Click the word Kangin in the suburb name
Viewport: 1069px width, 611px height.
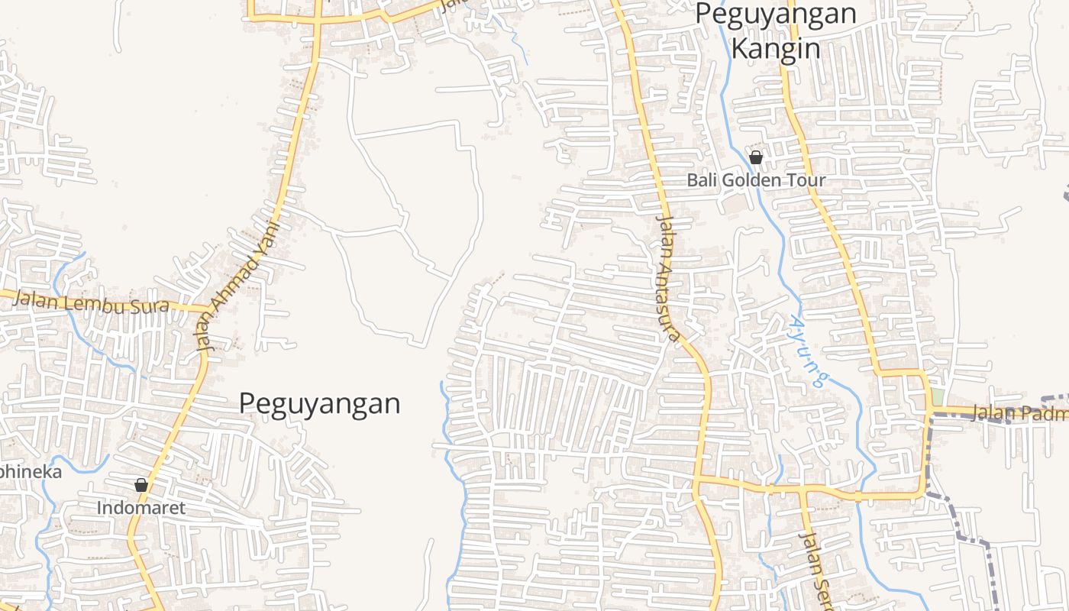776,49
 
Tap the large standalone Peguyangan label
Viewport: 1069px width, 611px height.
319,403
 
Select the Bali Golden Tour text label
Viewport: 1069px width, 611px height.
756,181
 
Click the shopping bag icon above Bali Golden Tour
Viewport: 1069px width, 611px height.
756,157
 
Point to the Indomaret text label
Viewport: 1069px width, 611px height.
140,508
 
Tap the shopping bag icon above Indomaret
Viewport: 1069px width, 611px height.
140,484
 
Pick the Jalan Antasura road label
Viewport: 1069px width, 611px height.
667,279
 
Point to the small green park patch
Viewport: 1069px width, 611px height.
937,397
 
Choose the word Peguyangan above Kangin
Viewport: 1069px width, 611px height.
776,14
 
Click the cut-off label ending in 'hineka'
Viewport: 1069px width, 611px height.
31,471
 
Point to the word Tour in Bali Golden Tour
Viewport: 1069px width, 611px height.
809,181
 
